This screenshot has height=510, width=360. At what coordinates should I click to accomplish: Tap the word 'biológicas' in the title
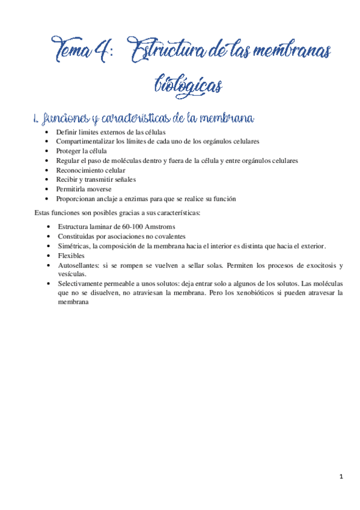click(x=188, y=84)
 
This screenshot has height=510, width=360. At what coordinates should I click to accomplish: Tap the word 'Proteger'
click(x=69, y=151)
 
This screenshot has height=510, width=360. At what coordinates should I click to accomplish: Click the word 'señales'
click(x=124, y=179)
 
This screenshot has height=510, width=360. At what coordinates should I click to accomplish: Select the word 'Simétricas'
click(x=74, y=246)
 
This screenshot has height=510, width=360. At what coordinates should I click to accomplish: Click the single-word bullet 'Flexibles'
click(x=71, y=256)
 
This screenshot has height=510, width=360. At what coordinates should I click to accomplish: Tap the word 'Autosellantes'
click(x=79, y=265)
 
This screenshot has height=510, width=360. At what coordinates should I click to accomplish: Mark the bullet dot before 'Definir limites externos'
click(x=47, y=132)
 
